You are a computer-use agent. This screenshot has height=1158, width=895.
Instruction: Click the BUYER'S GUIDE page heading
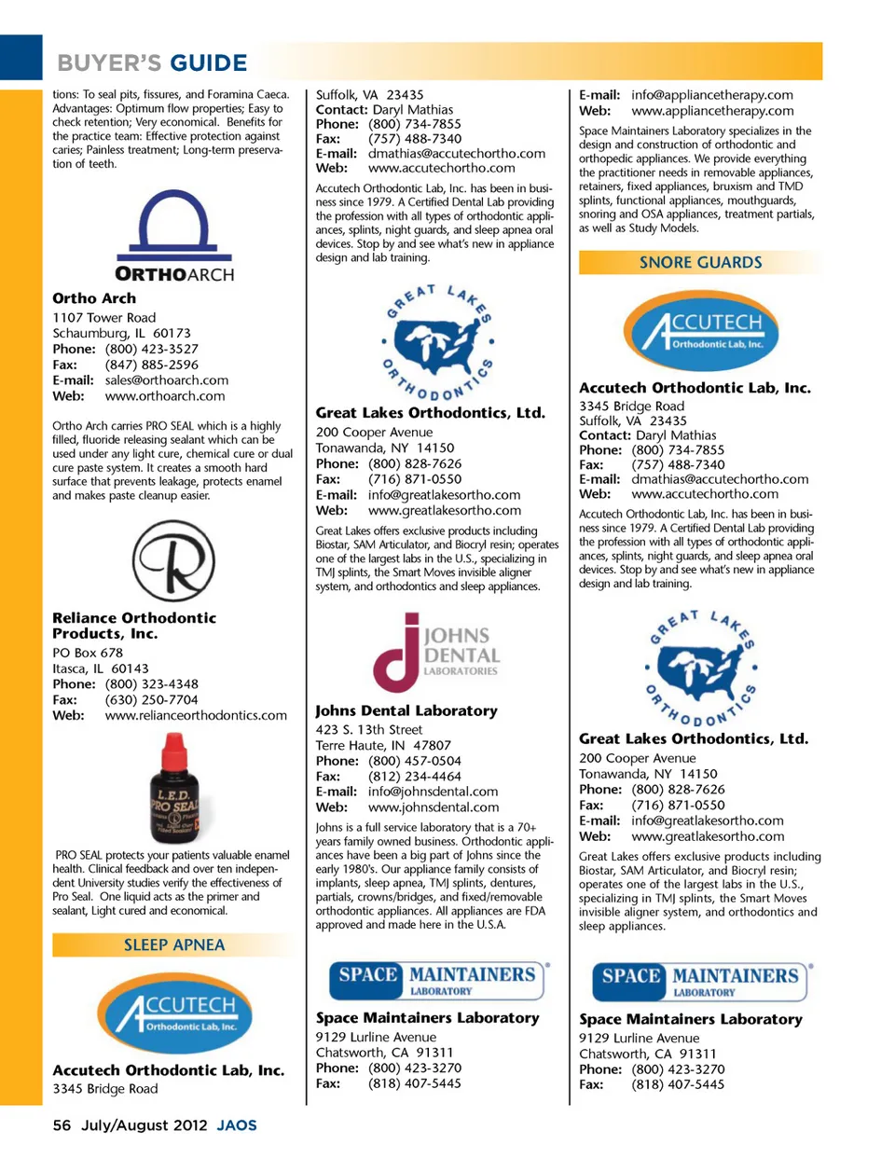(152, 63)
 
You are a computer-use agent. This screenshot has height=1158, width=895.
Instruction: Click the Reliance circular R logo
(173, 560)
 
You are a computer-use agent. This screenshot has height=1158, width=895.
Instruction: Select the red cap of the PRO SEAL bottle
(172, 750)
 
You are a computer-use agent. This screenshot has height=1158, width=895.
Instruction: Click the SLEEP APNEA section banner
(174, 945)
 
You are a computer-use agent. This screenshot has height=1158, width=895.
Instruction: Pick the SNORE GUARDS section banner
(700, 263)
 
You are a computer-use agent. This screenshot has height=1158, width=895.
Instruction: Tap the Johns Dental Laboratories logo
(435, 652)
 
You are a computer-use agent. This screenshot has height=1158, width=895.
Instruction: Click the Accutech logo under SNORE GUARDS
(701, 332)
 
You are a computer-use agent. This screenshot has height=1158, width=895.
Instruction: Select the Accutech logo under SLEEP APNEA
(174, 1014)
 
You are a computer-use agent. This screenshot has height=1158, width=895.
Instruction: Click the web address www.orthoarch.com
(165, 396)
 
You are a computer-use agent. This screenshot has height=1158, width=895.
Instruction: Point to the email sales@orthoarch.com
(167, 380)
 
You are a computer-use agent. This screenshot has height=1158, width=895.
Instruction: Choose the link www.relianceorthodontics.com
(196, 716)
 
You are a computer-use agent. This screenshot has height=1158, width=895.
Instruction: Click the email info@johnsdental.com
(433, 792)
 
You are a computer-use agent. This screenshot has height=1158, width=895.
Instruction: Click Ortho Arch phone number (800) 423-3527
(152, 349)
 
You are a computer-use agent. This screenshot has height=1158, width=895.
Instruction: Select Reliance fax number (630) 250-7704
(152, 700)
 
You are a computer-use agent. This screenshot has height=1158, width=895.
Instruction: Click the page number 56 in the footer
(62, 1125)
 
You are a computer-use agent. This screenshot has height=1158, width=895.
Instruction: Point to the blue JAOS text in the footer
(237, 1125)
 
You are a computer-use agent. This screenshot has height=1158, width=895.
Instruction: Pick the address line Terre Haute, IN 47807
(383, 746)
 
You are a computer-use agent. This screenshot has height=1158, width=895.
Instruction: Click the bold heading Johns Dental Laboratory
(406, 710)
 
